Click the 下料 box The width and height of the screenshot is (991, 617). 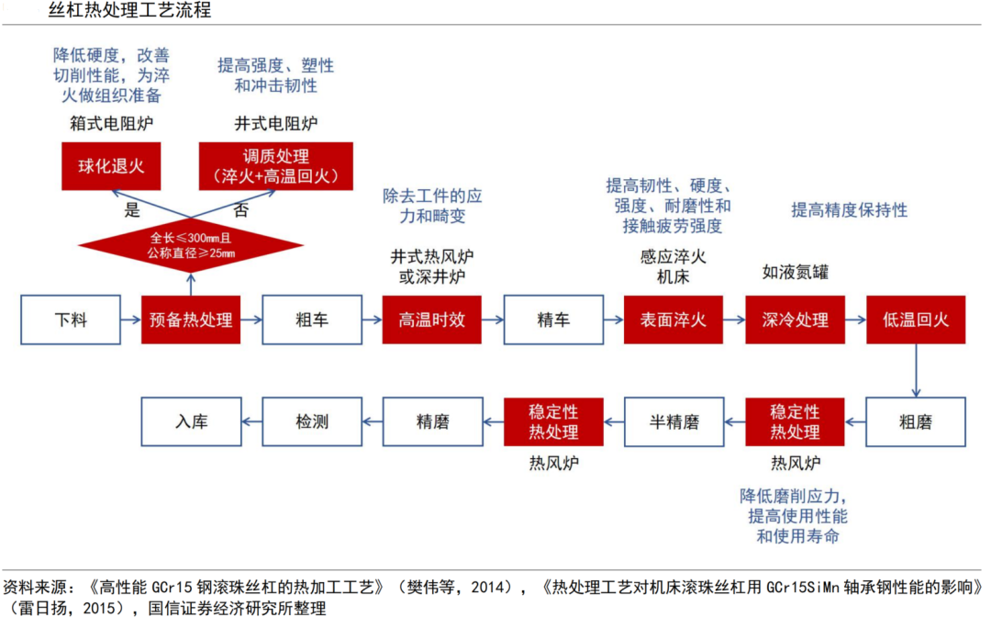[71, 320]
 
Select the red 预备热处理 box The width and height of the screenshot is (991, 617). [191, 320]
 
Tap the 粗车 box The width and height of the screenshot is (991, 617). [312, 320]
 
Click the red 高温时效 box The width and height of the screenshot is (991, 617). [431, 320]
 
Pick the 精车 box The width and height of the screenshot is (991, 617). [553, 320]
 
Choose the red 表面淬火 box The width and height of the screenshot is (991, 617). [674, 320]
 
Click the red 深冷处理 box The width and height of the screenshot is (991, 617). [795, 320]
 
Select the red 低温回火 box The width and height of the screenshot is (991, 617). [916, 320]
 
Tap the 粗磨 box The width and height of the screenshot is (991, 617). [916, 421]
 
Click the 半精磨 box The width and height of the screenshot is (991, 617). [674, 421]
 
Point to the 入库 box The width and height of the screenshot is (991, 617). [192, 421]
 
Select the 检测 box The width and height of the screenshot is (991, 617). [312, 421]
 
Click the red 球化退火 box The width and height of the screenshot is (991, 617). [111, 166]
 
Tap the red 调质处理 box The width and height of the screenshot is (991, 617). [276, 166]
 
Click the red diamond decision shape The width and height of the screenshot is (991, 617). [191, 246]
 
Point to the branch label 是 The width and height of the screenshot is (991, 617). [132, 210]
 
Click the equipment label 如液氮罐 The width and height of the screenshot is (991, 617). [795, 273]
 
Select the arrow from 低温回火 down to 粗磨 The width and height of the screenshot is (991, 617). [916, 371]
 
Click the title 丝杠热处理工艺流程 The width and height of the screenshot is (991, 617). [129, 10]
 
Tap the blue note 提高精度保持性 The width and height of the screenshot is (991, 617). [850, 210]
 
